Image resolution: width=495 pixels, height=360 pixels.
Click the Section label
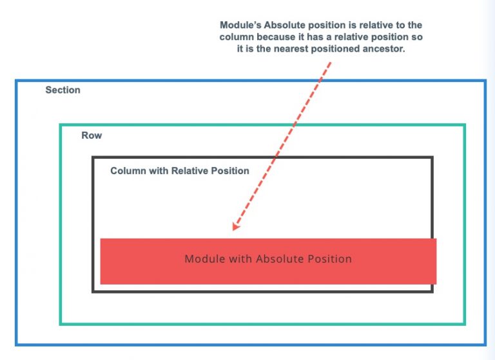63,90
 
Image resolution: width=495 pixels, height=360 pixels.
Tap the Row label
92,135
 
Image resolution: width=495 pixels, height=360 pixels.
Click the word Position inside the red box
329,259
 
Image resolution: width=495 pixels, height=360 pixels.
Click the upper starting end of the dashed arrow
331,63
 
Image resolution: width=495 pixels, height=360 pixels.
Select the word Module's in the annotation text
244,25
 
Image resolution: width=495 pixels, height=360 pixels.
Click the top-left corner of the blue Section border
17,81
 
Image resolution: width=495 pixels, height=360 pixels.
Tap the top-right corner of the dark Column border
432,157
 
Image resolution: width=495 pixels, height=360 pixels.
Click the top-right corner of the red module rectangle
436,239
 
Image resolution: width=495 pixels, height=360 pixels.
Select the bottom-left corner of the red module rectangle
101,284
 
